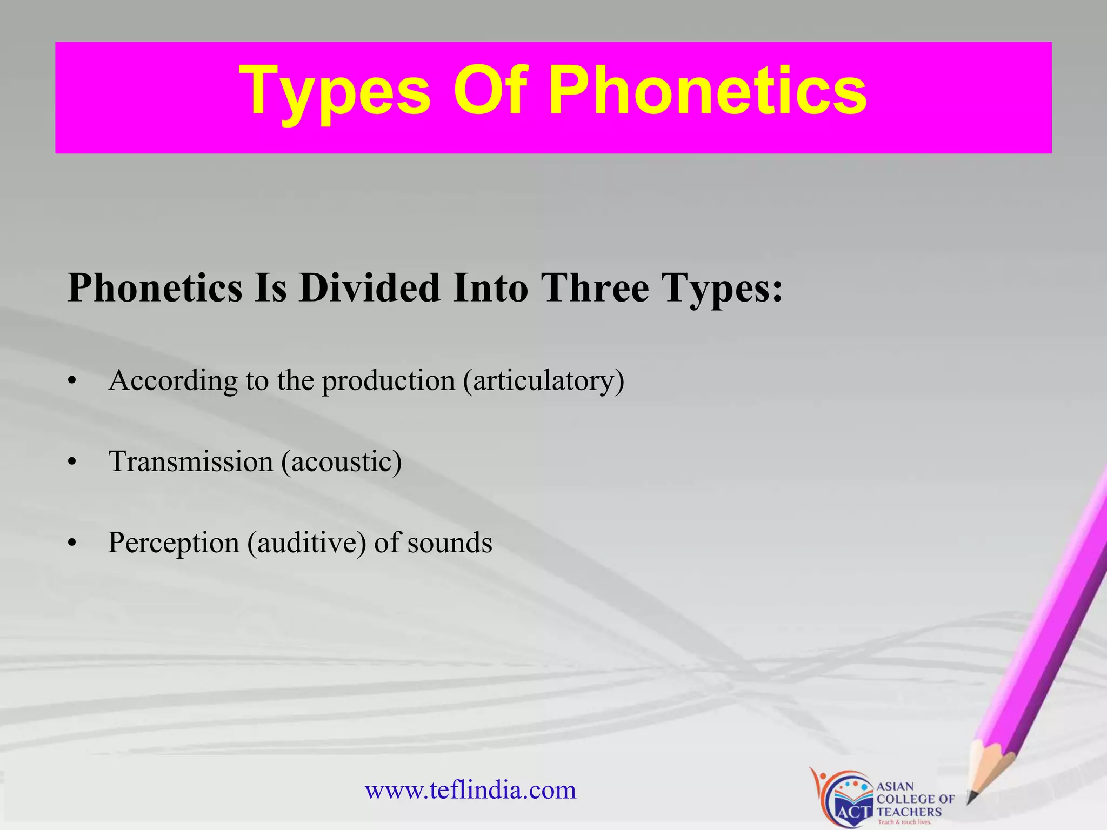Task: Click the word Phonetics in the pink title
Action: point(708,91)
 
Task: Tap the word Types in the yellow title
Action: point(335,91)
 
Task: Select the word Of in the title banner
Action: point(489,91)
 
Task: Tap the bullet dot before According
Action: point(72,381)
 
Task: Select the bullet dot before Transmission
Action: point(72,463)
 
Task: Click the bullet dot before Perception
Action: point(72,544)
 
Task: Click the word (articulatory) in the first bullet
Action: point(543,380)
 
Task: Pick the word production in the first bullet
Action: point(389,380)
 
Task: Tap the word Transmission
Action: point(191,461)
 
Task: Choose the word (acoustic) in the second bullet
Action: point(341,461)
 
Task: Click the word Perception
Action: point(174,543)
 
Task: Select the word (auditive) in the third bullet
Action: point(306,543)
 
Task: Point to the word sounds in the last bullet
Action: point(449,543)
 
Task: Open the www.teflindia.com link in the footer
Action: point(470,790)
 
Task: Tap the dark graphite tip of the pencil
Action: point(971,798)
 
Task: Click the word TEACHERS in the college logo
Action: point(909,812)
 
